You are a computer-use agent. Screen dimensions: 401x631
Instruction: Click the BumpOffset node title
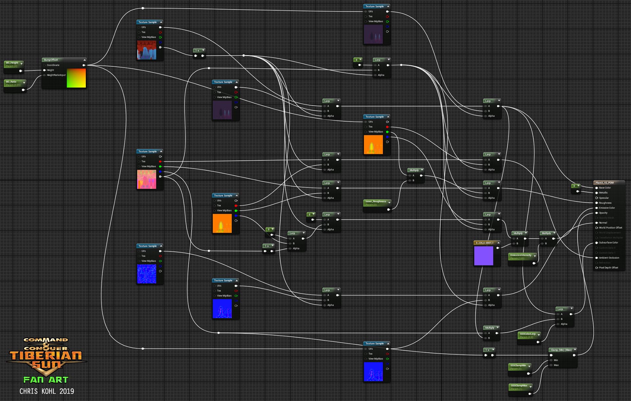click(x=51, y=60)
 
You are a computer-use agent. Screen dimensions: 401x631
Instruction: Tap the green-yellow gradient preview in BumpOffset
click(x=76, y=78)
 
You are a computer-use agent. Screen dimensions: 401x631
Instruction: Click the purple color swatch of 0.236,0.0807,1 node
click(x=483, y=255)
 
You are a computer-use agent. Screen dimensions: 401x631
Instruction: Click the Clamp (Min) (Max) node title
click(x=561, y=350)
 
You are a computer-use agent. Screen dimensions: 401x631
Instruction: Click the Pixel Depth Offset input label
click(x=608, y=268)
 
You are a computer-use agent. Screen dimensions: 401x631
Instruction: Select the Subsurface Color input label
click(x=608, y=243)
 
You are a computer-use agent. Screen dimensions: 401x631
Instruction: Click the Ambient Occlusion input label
click(x=609, y=258)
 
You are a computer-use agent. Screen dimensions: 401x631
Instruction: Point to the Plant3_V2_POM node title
click(x=604, y=183)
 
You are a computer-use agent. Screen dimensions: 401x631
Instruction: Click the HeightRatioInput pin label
click(x=56, y=75)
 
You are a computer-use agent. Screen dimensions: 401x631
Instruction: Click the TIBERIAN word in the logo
click(x=46, y=356)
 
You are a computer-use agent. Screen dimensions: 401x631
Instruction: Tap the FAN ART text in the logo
click(x=46, y=380)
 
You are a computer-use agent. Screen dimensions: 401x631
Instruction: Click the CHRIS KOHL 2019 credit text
click(x=47, y=391)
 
